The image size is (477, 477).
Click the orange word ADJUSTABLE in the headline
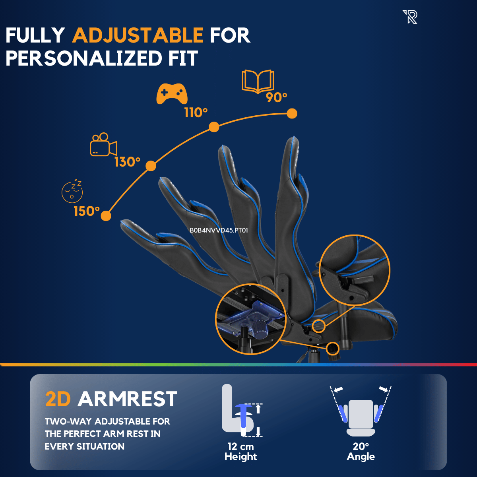[138, 35]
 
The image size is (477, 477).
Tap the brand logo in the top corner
[410, 17]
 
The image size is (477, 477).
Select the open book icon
[258, 82]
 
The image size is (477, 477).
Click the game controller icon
[172, 94]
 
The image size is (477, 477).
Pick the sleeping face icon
[72, 191]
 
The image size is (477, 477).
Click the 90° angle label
[277, 97]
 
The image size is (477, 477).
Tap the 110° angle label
[196, 113]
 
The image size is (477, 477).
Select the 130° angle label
[127, 162]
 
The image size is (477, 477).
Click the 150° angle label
[87, 211]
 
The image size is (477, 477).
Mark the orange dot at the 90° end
[292, 114]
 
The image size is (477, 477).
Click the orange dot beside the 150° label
[106, 216]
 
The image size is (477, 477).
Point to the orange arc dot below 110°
[214, 127]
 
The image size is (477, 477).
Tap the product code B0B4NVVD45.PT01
[219, 230]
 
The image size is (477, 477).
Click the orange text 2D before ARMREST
[58, 399]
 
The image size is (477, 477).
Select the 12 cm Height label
[240, 452]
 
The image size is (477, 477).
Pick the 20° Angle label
[361, 452]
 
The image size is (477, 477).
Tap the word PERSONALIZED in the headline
[83, 58]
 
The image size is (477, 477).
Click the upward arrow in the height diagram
[258, 409]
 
